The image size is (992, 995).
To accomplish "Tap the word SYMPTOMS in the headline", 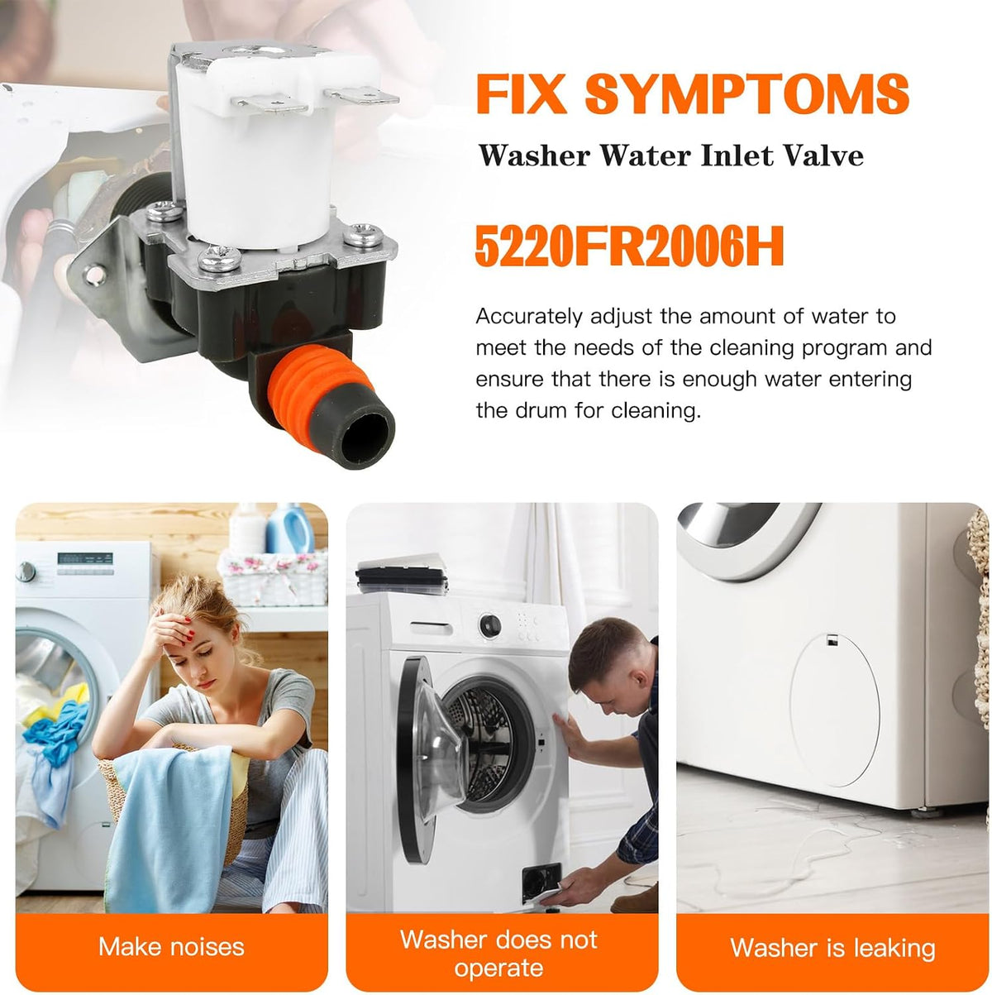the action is [746, 93].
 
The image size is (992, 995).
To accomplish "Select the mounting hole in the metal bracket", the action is [94, 275].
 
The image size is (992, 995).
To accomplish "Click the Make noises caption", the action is [171, 947].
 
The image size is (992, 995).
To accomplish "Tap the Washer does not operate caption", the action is [498, 954].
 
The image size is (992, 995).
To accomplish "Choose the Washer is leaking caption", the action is [832, 948].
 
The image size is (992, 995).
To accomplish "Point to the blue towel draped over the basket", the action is [170, 826].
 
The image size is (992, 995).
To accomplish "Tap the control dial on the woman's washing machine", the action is [26, 572].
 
